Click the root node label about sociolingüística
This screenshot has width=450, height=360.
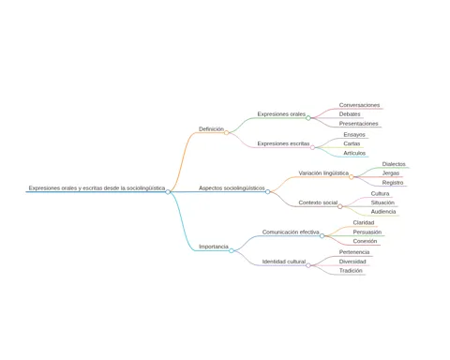(97, 188)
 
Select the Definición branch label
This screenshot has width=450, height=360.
(211, 129)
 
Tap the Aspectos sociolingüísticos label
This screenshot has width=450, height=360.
(232, 188)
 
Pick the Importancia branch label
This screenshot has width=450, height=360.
(214, 247)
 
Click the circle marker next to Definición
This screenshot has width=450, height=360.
(227, 133)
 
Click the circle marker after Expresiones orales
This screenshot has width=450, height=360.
(308, 118)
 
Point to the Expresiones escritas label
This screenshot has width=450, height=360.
(283, 143)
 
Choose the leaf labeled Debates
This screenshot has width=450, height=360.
(350, 114)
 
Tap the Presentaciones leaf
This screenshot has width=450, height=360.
(358, 124)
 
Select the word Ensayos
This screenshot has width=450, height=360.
(354, 135)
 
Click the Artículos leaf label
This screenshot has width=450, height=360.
(354, 153)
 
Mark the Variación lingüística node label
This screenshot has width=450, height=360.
(323, 173)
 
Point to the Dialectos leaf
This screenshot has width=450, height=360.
(394, 164)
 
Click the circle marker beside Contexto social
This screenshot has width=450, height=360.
(340, 206)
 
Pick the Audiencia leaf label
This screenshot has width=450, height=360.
(383, 212)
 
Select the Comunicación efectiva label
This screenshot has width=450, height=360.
(291, 232)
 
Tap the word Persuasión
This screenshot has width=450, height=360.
(367, 232)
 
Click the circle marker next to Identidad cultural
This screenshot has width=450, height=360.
(308, 265)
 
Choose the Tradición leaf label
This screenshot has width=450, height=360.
(351, 271)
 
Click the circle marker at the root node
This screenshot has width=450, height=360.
(168, 192)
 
